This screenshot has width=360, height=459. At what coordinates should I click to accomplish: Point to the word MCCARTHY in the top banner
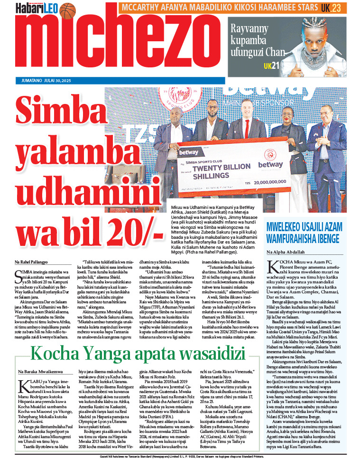click(141, 8)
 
